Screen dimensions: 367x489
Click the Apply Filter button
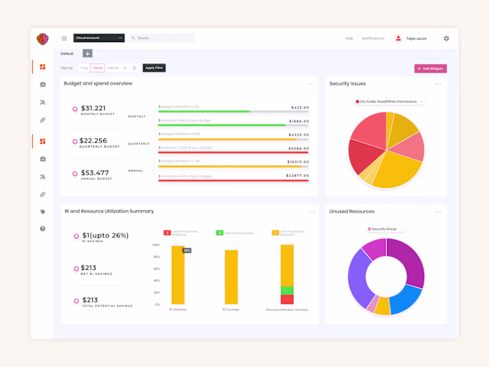154,68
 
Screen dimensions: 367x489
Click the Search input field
162,38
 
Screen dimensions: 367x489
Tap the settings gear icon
446,38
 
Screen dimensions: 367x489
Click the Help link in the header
349,38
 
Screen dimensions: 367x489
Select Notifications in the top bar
373,38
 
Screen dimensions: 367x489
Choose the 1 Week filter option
98,68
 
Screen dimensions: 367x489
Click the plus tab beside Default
87,53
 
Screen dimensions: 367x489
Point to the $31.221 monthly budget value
94,108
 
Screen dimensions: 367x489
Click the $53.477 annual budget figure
95,173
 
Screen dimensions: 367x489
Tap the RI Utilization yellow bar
178,275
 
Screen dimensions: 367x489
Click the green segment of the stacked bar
286,290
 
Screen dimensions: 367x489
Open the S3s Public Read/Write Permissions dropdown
389,102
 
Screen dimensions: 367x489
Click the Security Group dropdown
386,229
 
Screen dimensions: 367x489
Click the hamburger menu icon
64,38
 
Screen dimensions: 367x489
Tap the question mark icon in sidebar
43,229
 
